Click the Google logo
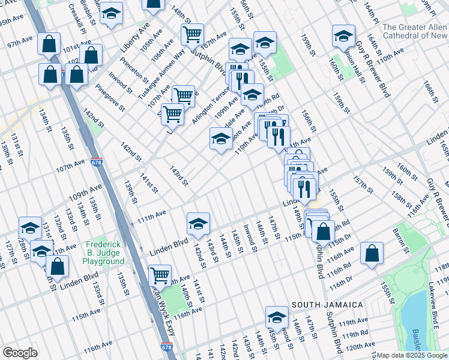[20, 353]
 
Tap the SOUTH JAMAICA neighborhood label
[327, 305]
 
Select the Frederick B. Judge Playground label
[105, 253]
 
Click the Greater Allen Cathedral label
[415, 31]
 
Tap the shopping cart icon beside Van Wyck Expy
[160, 275]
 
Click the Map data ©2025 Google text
[412, 355]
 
